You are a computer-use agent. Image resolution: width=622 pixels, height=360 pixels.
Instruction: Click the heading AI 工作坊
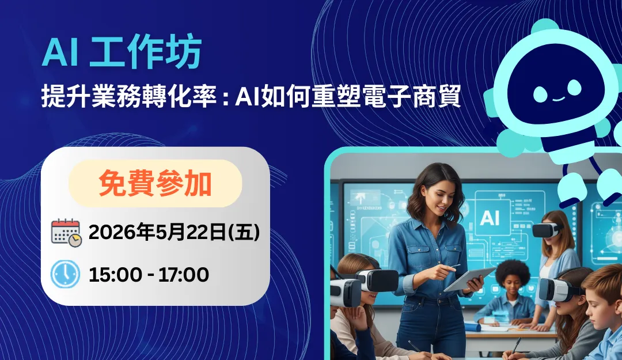tap(122, 53)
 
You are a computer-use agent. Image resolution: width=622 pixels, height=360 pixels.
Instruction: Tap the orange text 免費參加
tap(155, 184)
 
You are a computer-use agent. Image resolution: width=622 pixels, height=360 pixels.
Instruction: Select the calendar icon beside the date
tap(66, 233)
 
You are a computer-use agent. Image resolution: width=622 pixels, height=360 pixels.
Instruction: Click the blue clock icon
tap(66, 274)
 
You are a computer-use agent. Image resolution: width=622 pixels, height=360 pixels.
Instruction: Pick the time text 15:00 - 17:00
tap(149, 275)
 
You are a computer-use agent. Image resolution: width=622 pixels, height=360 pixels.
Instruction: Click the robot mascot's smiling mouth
tap(557, 98)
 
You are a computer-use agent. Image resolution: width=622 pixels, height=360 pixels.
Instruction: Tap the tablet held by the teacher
tap(468, 279)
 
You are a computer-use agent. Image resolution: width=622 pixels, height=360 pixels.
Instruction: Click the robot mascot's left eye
tap(540, 93)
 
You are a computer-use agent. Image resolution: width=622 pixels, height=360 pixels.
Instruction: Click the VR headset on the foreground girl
tap(346, 291)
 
